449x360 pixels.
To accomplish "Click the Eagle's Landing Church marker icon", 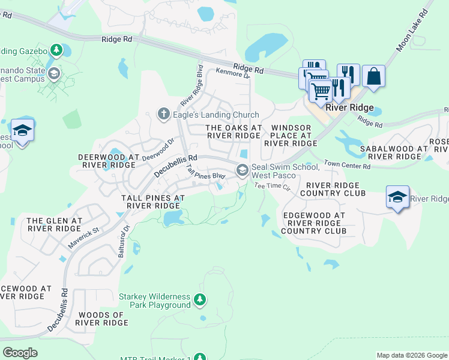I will click(163, 114).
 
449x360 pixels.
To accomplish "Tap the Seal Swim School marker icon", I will click(243, 170).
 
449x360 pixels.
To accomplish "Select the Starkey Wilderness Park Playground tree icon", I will click(201, 299).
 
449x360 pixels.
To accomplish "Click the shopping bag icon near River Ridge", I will click(373, 77).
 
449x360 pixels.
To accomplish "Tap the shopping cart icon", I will click(321, 91).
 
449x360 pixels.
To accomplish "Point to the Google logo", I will click(20, 352).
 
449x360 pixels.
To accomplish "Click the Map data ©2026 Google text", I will click(411, 355).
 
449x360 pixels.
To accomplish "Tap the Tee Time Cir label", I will click(272, 187).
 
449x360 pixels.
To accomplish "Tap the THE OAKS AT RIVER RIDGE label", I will click(234, 131).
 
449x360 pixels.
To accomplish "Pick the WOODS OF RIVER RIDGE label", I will click(101, 319).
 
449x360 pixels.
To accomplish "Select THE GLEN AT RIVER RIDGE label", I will click(54, 224).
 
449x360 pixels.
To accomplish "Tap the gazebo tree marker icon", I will click(56, 50).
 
